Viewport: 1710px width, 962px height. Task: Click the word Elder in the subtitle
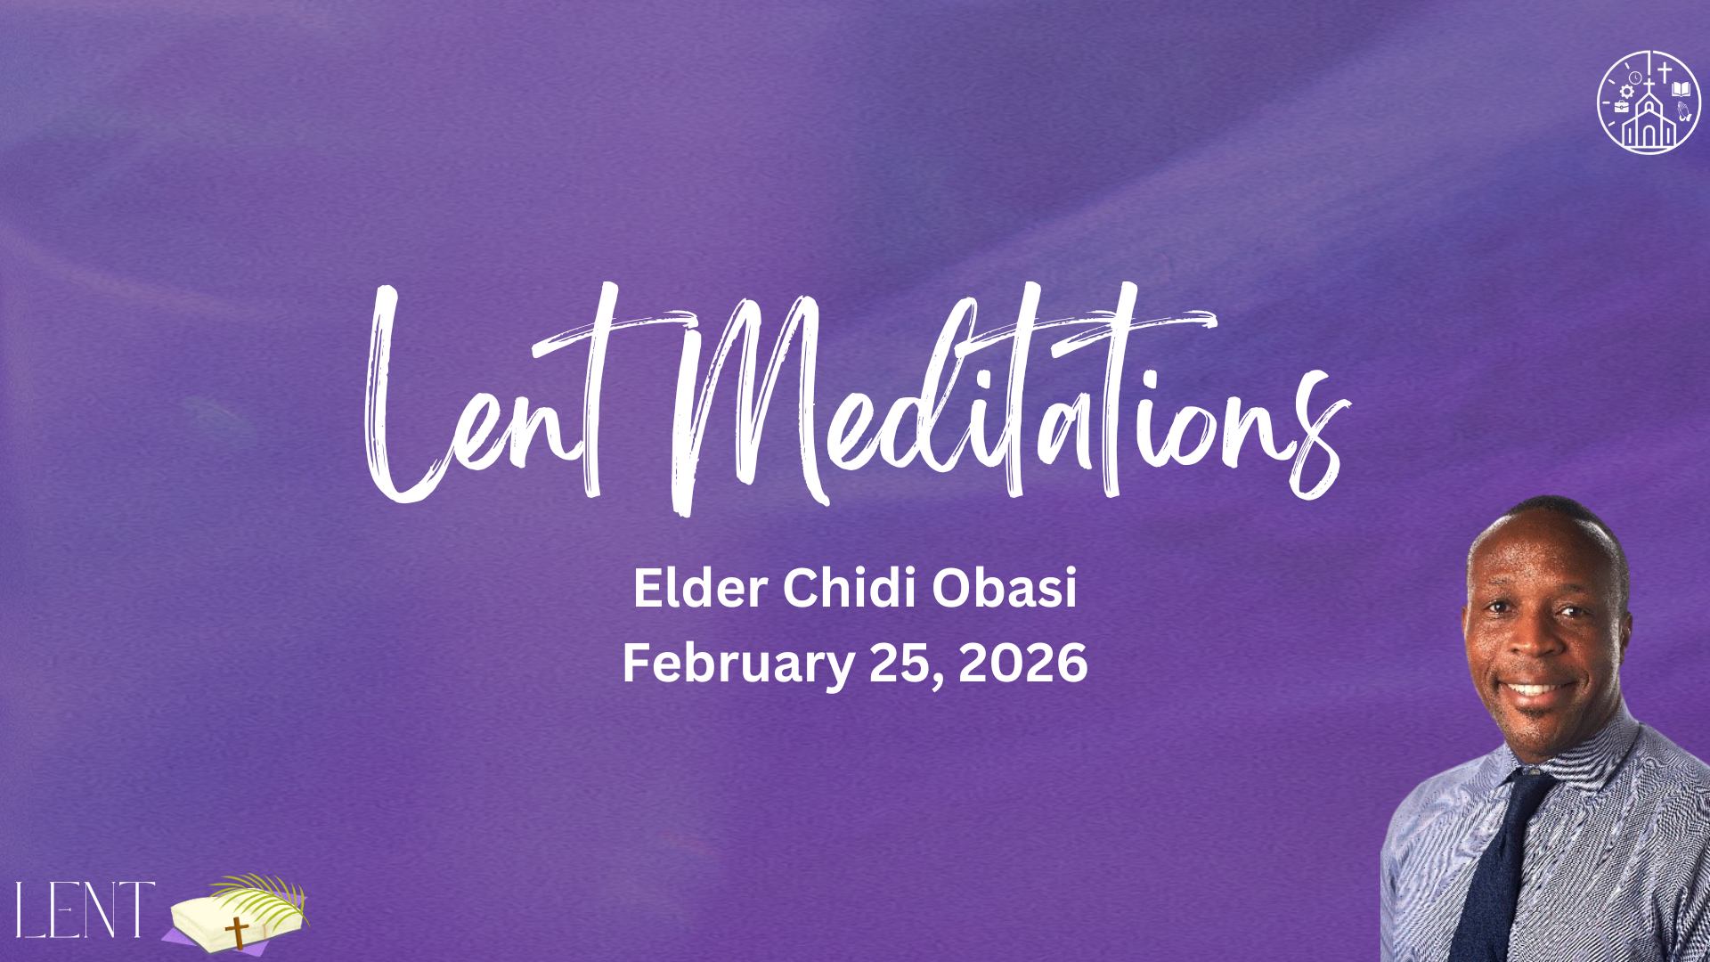click(701, 589)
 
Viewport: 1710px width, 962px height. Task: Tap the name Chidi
click(850, 588)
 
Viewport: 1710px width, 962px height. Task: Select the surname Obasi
click(1005, 589)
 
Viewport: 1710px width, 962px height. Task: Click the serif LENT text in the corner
click(85, 909)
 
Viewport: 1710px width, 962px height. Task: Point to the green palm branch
click(263, 895)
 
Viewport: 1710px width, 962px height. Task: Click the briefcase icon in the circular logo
click(1621, 107)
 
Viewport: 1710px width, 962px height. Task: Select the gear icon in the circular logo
click(1627, 91)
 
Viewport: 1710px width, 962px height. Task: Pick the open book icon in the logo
click(1681, 88)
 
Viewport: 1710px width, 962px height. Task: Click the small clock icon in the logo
click(1635, 77)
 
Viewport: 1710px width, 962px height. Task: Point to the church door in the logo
click(1649, 135)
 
